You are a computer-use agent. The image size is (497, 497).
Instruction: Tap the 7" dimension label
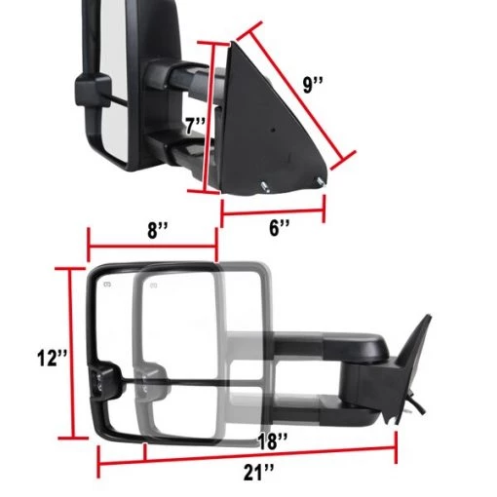pyautogui.click(x=196, y=126)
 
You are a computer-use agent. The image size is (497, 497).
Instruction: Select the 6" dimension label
pyautogui.click(x=280, y=228)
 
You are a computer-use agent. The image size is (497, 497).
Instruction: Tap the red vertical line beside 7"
pyautogui.click(x=207, y=117)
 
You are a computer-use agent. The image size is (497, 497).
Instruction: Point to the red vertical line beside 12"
pyautogui.click(x=70, y=356)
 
